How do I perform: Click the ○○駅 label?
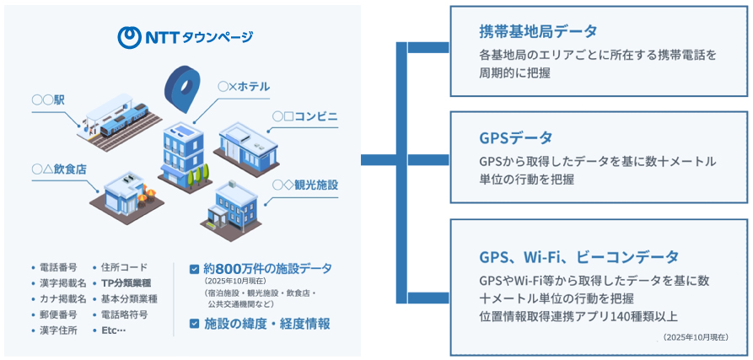tap(49, 100)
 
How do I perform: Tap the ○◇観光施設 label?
tap(305, 184)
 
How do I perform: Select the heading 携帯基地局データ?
tap(538, 31)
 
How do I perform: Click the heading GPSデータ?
tap(515, 137)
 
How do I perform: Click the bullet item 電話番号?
tap(57, 267)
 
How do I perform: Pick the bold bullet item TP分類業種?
tap(129, 283)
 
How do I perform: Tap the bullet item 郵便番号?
tap(57, 314)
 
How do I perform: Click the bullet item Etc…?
tap(113, 330)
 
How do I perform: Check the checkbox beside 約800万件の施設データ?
tap(194, 270)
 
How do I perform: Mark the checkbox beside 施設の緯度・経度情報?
tap(194, 323)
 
